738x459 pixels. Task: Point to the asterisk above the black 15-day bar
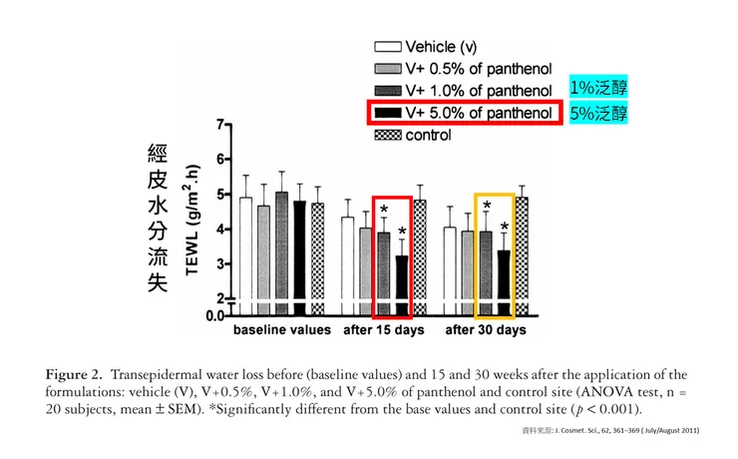coord(401,232)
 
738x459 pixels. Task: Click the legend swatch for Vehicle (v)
coord(387,47)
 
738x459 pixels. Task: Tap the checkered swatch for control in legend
coord(387,135)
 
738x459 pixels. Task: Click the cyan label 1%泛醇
coord(598,89)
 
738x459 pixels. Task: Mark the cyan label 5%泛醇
coord(598,112)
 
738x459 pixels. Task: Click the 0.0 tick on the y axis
coord(211,314)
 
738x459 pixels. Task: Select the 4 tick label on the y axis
coord(217,229)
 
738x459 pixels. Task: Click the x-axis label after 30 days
coord(485,329)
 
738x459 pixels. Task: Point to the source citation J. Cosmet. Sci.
coord(608,430)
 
